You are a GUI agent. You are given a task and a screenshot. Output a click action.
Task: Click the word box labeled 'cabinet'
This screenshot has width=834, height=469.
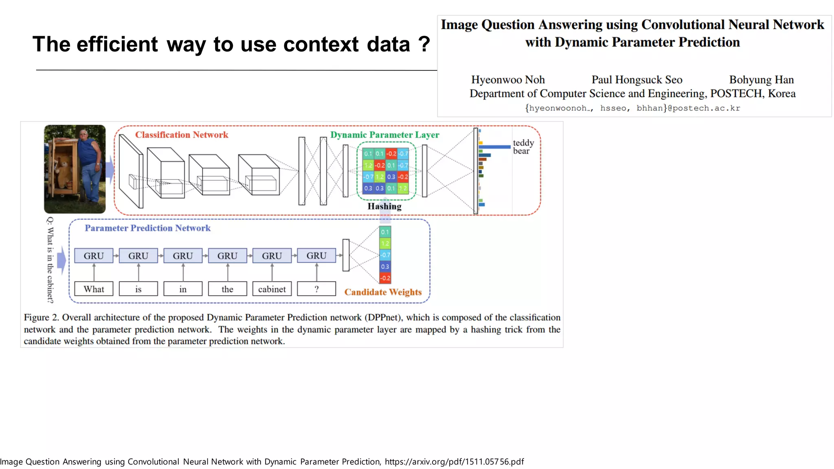(x=272, y=289)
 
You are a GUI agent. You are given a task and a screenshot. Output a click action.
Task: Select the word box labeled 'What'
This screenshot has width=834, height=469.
(x=94, y=289)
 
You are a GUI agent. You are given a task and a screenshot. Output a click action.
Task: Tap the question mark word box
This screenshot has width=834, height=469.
(x=316, y=289)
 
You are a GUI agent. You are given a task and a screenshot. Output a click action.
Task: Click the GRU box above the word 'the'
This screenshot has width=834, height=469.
(x=227, y=256)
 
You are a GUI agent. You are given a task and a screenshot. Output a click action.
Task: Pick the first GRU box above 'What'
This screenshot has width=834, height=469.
(x=94, y=256)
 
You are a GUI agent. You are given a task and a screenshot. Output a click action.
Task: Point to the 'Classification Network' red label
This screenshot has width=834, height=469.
(x=182, y=135)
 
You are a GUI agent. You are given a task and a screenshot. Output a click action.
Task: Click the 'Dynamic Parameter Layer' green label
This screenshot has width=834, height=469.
(x=384, y=135)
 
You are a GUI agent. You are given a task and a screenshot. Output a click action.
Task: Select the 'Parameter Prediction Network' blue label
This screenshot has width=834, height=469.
(x=147, y=228)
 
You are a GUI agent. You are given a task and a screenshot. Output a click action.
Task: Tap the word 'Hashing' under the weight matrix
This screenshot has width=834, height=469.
(x=384, y=206)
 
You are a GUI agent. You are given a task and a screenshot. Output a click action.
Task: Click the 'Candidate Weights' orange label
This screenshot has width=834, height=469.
(x=383, y=292)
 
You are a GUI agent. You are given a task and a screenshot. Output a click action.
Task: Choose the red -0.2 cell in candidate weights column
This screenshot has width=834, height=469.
(x=385, y=278)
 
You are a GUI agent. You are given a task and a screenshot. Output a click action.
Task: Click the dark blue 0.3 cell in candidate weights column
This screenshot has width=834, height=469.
(x=385, y=267)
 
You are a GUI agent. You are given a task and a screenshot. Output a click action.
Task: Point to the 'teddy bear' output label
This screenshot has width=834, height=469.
(x=523, y=147)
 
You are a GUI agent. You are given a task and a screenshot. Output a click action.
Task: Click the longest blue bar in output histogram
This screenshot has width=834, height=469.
(x=494, y=147)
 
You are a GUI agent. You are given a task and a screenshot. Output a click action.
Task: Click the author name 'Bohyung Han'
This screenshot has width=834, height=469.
(x=761, y=79)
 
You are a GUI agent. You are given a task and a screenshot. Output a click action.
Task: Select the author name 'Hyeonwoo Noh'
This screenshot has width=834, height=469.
(x=508, y=79)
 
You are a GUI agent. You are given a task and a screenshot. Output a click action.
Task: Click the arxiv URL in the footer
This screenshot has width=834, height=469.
(x=454, y=462)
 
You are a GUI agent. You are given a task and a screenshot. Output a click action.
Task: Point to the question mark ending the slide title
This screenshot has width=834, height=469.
(x=424, y=44)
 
